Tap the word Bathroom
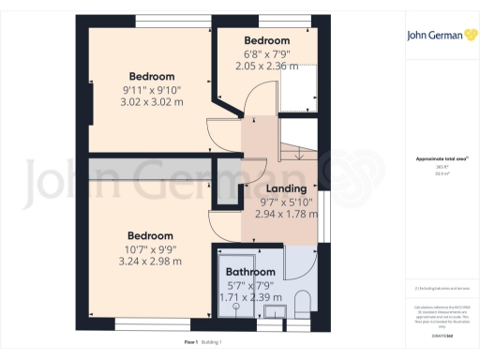tap(249, 272)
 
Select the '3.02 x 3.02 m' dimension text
tap(151, 100)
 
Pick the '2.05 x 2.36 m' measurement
tap(267, 66)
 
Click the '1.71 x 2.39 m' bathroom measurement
tap(248, 296)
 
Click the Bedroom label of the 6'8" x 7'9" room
tap(267, 41)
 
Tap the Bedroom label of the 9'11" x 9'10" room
tap(151, 76)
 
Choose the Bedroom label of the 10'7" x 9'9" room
tap(151, 234)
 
